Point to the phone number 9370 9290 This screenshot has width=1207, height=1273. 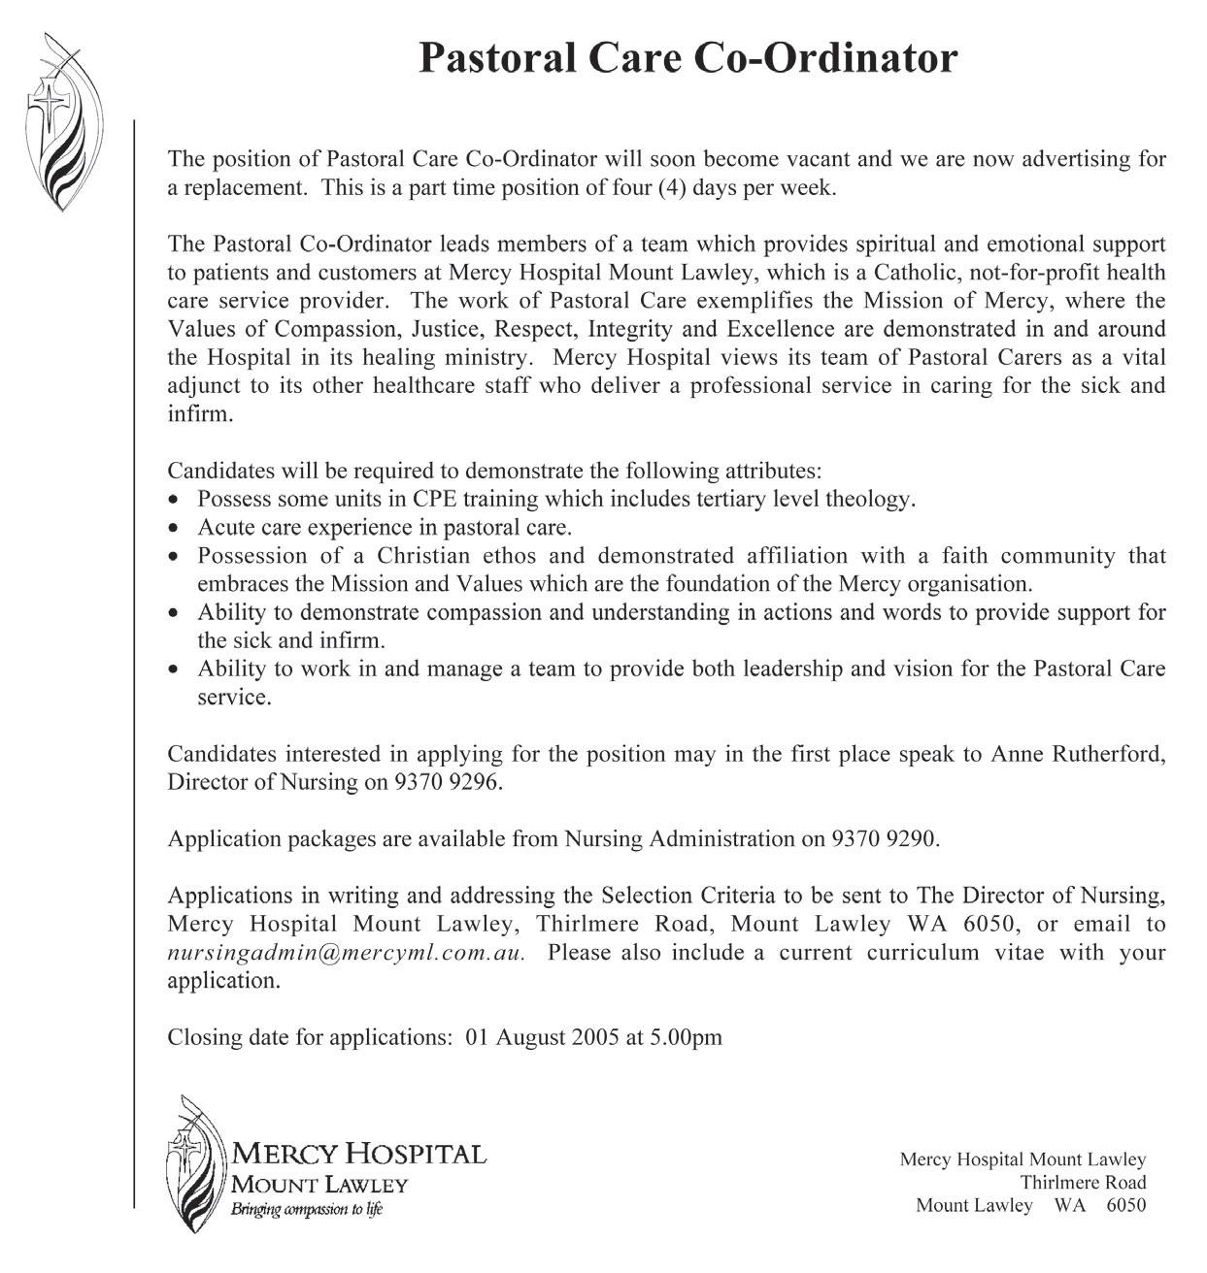pos(885,839)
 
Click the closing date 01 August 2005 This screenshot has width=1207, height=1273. pos(542,1037)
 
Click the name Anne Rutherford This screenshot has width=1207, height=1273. pos(1077,754)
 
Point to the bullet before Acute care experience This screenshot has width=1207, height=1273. pos(174,530)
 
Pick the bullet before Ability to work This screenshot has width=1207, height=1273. pos(174,670)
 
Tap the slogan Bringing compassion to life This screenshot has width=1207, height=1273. pos(306,1210)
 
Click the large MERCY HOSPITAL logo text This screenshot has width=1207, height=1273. pos(358,1155)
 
